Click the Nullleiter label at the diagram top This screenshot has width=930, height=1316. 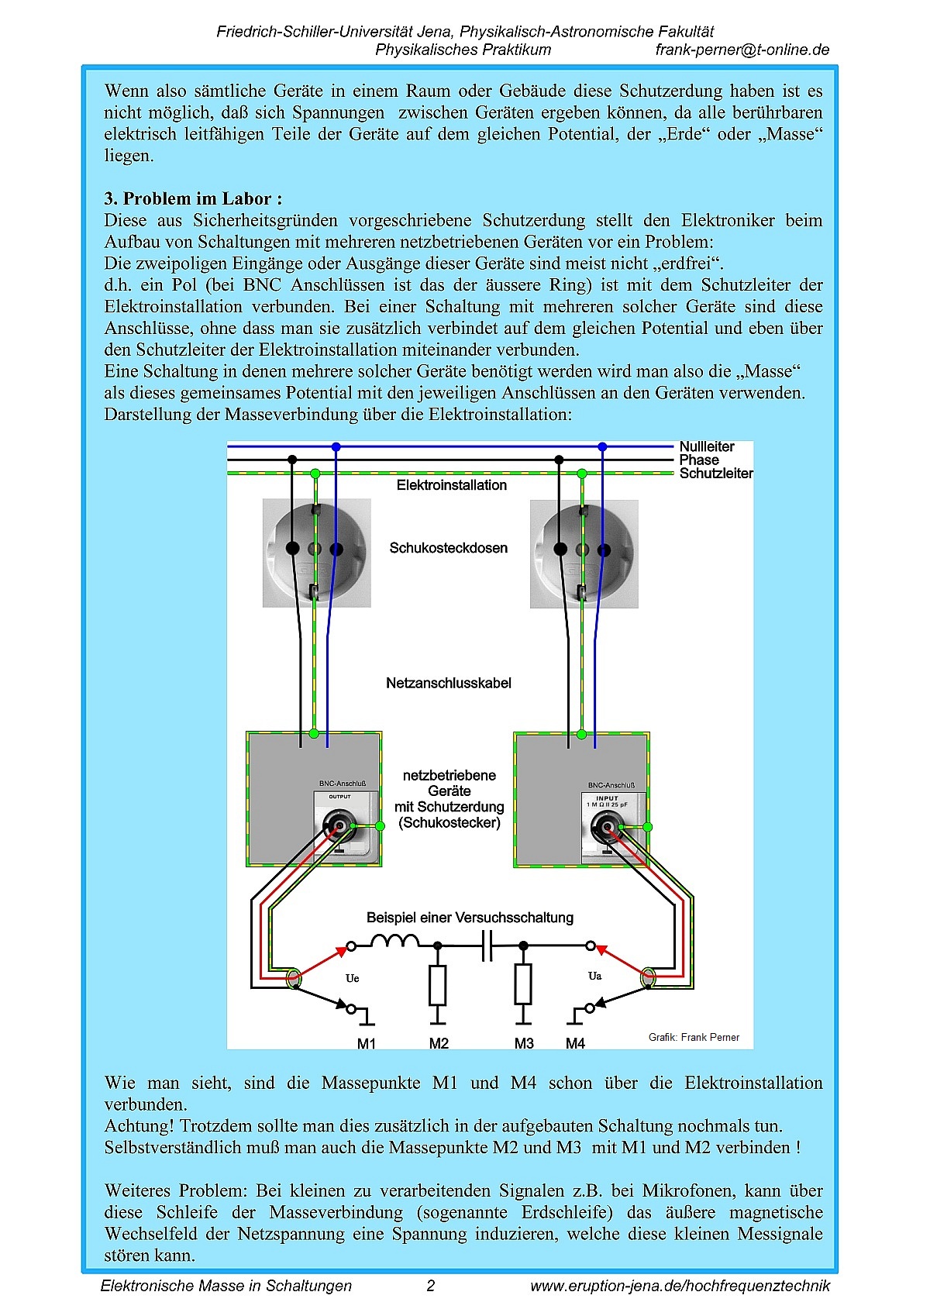[706, 446]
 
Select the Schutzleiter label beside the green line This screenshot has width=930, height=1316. [715, 474]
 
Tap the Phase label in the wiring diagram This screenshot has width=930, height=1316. [699, 460]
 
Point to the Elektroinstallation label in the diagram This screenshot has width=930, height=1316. [451, 485]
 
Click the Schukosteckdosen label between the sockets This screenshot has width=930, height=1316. [448, 548]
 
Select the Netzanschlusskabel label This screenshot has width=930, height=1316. [449, 683]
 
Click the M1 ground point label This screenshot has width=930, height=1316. [367, 1043]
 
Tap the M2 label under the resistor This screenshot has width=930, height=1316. [439, 1043]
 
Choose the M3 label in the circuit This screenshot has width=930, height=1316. [524, 1043]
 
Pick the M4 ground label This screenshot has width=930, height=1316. [575, 1043]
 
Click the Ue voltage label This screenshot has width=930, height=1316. [352, 978]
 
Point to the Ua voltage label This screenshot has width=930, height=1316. [594, 976]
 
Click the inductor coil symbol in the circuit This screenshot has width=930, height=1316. [394, 942]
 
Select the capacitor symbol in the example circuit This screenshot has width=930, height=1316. [487, 946]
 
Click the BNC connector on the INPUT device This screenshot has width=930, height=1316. [606, 829]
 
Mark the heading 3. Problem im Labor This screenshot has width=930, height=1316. [193, 198]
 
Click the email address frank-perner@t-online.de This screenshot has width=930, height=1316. [742, 50]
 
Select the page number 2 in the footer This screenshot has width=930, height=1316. [431, 1286]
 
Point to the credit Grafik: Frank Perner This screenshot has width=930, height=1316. [694, 1037]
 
